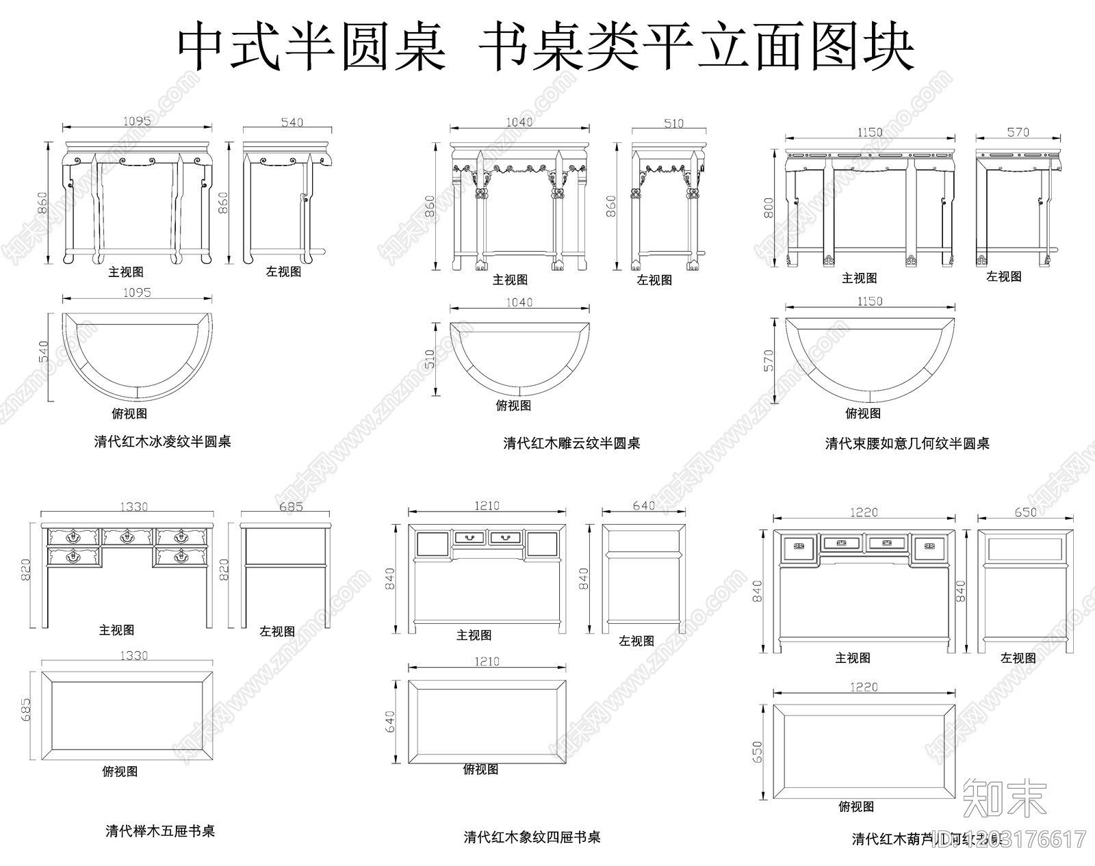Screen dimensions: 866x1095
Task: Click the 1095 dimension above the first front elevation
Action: point(137,121)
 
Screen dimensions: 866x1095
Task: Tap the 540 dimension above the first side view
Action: point(292,122)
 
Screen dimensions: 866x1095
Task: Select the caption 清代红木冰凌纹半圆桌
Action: point(162,442)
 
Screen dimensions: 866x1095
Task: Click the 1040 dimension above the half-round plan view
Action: point(519,302)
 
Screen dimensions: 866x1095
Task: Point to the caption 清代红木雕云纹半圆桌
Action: point(571,443)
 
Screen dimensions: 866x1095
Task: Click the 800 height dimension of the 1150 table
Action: point(769,208)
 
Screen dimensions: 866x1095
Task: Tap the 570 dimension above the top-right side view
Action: point(1018,132)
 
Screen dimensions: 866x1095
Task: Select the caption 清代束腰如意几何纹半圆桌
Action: point(907,443)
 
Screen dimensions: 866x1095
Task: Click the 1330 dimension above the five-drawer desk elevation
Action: point(133,507)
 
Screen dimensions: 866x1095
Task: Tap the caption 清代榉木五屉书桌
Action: point(160,831)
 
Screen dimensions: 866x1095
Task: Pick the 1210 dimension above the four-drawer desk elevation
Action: point(487,506)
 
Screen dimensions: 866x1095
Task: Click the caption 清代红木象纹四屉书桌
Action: point(532,837)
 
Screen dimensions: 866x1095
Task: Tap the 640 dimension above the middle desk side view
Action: point(643,506)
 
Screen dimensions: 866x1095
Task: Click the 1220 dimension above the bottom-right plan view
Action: point(864,687)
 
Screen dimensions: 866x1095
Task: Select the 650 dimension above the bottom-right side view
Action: point(1025,512)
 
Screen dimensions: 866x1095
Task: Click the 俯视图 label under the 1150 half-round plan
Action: point(862,413)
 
